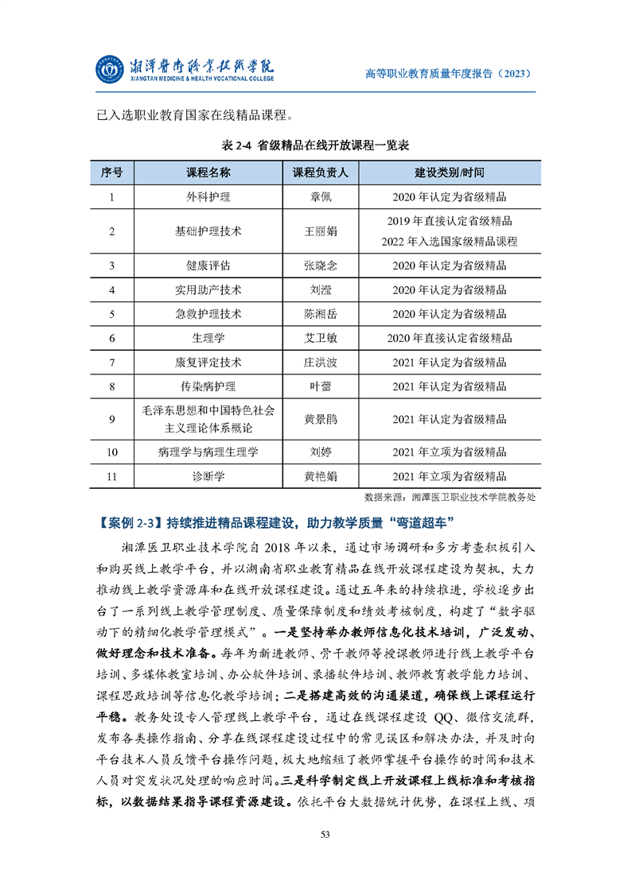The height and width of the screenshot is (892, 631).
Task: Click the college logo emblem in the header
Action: click(110, 70)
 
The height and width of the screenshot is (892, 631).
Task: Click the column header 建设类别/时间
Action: click(450, 173)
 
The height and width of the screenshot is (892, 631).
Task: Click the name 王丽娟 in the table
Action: click(321, 231)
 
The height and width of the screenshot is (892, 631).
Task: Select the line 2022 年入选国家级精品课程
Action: click(450, 241)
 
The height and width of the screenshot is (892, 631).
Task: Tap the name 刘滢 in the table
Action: click(321, 289)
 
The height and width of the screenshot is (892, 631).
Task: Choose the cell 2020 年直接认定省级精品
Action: click(450, 338)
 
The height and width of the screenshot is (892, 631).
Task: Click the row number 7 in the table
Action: click(112, 362)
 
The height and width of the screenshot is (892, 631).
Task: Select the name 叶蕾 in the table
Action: click(321, 386)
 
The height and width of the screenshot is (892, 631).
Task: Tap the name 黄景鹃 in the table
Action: click(321, 419)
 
